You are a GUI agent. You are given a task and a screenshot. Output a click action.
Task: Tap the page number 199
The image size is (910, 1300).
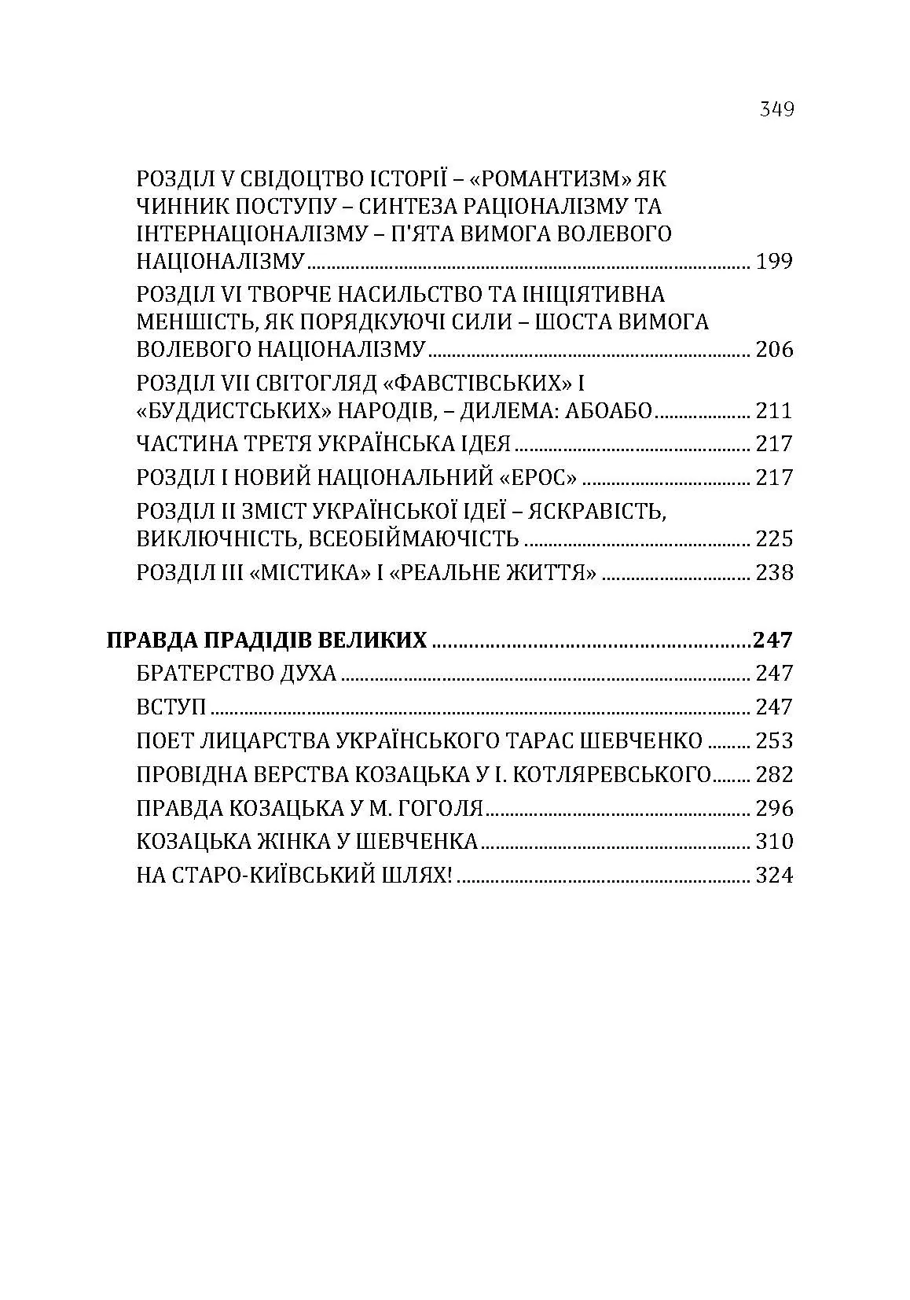[774, 261]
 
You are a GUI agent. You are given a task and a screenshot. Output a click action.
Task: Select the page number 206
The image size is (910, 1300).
[774, 349]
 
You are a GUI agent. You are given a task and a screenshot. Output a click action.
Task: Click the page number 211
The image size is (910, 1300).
[774, 410]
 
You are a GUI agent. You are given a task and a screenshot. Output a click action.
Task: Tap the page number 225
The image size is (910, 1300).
[774, 539]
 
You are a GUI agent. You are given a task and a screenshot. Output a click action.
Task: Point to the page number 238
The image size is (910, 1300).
[774, 572]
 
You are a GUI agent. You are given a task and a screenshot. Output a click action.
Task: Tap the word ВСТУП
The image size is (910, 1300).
[171, 707]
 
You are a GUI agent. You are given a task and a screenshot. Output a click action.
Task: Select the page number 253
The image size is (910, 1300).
[774, 741]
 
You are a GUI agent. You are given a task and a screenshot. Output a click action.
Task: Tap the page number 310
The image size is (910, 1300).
[774, 842]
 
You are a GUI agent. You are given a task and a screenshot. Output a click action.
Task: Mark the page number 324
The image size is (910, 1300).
[774, 875]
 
